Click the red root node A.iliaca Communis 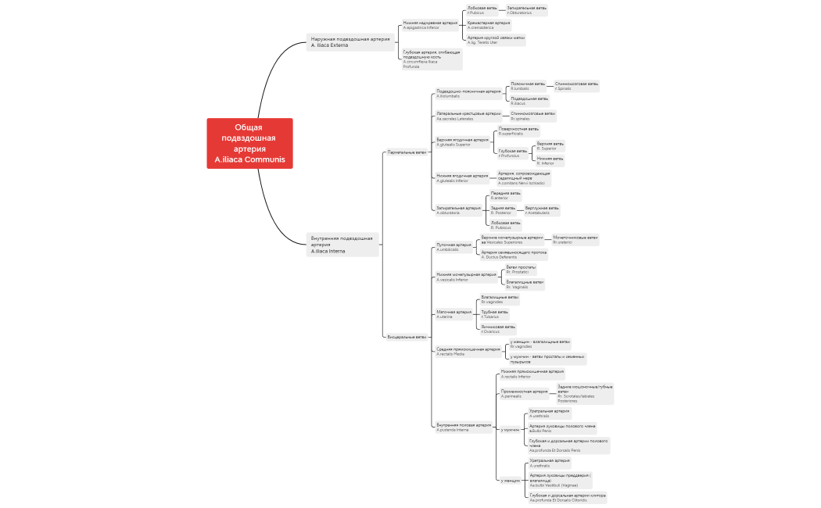point(250,143)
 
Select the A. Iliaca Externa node point(350,42)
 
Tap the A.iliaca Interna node point(342,245)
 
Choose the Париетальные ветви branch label point(407,152)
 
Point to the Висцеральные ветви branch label point(407,337)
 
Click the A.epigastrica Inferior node point(430,25)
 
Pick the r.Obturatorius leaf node point(526,10)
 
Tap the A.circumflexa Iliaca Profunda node point(431,59)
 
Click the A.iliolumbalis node point(468,93)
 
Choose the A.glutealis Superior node point(462,142)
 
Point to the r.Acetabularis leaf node point(542,210)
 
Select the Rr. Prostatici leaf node point(521,270)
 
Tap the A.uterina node point(454,314)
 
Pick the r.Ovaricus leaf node point(498,329)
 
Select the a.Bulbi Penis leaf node point(562,428)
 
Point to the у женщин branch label point(510,481)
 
